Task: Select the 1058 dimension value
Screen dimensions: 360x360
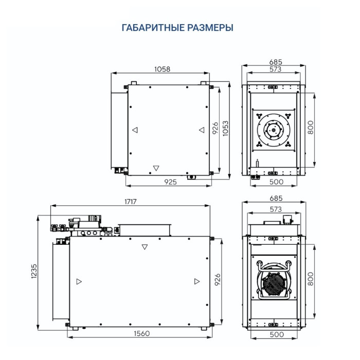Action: click(x=161, y=68)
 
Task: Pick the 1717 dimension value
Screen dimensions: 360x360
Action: click(x=130, y=202)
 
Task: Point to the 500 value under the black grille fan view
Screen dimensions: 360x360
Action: click(x=276, y=335)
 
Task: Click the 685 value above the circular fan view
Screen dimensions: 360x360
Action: click(x=276, y=62)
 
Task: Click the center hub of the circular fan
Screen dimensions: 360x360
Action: click(x=274, y=131)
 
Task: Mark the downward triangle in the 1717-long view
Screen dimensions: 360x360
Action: click(x=145, y=247)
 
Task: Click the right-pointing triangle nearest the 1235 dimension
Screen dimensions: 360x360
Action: click(x=79, y=281)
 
